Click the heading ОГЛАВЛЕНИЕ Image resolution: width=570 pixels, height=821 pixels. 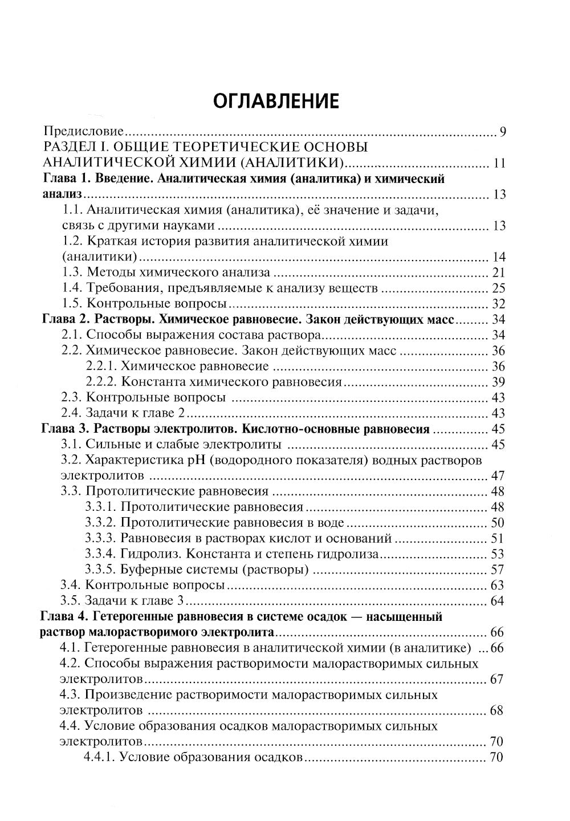[x=276, y=101]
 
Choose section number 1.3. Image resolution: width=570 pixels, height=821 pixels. [x=72, y=272]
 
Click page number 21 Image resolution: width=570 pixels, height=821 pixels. [x=498, y=272]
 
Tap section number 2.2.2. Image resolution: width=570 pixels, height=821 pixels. [x=101, y=381]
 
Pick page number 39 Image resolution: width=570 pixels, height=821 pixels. [x=498, y=381]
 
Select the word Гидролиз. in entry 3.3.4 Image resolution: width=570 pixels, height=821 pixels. [x=147, y=553]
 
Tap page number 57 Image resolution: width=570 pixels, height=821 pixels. [x=498, y=569]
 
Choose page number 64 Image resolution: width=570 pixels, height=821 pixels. [x=498, y=600]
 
